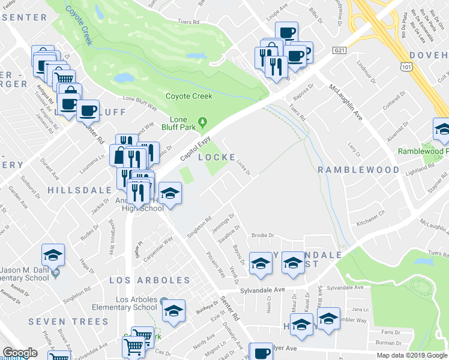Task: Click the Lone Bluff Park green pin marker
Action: click(x=203, y=123)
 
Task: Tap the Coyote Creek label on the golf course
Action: click(x=189, y=96)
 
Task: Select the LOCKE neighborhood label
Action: click(x=217, y=157)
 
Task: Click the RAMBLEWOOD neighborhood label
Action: click(x=358, y=170)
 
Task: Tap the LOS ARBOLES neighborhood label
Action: click(x=149, y=280)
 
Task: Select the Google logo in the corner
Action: click(x=20, y=353)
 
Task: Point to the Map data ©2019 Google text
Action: click(x=412, y=355)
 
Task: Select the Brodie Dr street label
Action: click(x=262, y=235)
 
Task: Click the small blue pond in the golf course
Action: click(x=124, y=78)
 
